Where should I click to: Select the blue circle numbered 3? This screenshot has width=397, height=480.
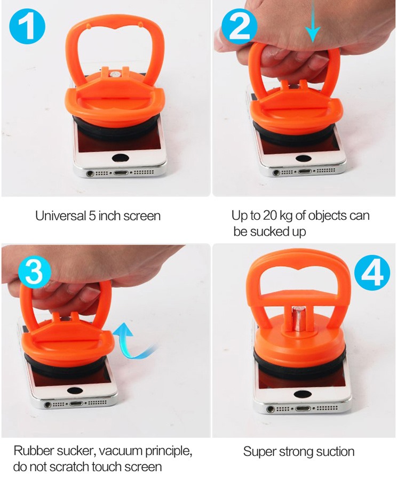point(35,272)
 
